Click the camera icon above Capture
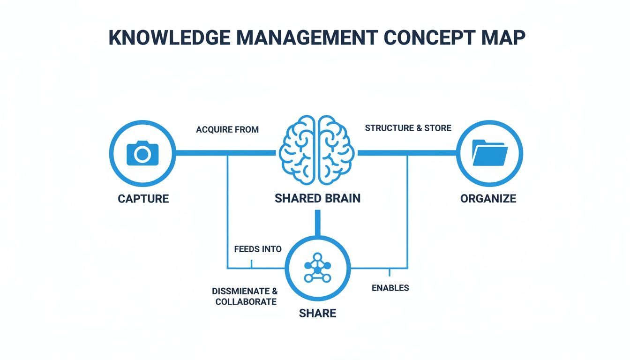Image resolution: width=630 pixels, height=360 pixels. coord(142,153)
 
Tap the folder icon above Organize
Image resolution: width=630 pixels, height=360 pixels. coord(489,153)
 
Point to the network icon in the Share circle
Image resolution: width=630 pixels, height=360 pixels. coord(317,268)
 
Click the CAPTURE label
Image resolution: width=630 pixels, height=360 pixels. coord(143,199)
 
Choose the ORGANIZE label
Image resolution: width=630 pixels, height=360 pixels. coord(488,199)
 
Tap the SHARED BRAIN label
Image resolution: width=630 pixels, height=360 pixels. coord(317,198)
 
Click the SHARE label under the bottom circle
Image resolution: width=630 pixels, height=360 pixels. coord(317,313)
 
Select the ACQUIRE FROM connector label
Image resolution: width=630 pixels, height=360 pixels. coord(227,129)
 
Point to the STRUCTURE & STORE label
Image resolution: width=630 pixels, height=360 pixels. coord(408,128)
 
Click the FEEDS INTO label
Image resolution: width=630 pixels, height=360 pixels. coord(258,249)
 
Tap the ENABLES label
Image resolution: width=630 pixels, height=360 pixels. coord(390,288)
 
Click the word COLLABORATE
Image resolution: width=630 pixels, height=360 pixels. coord(246,302)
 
